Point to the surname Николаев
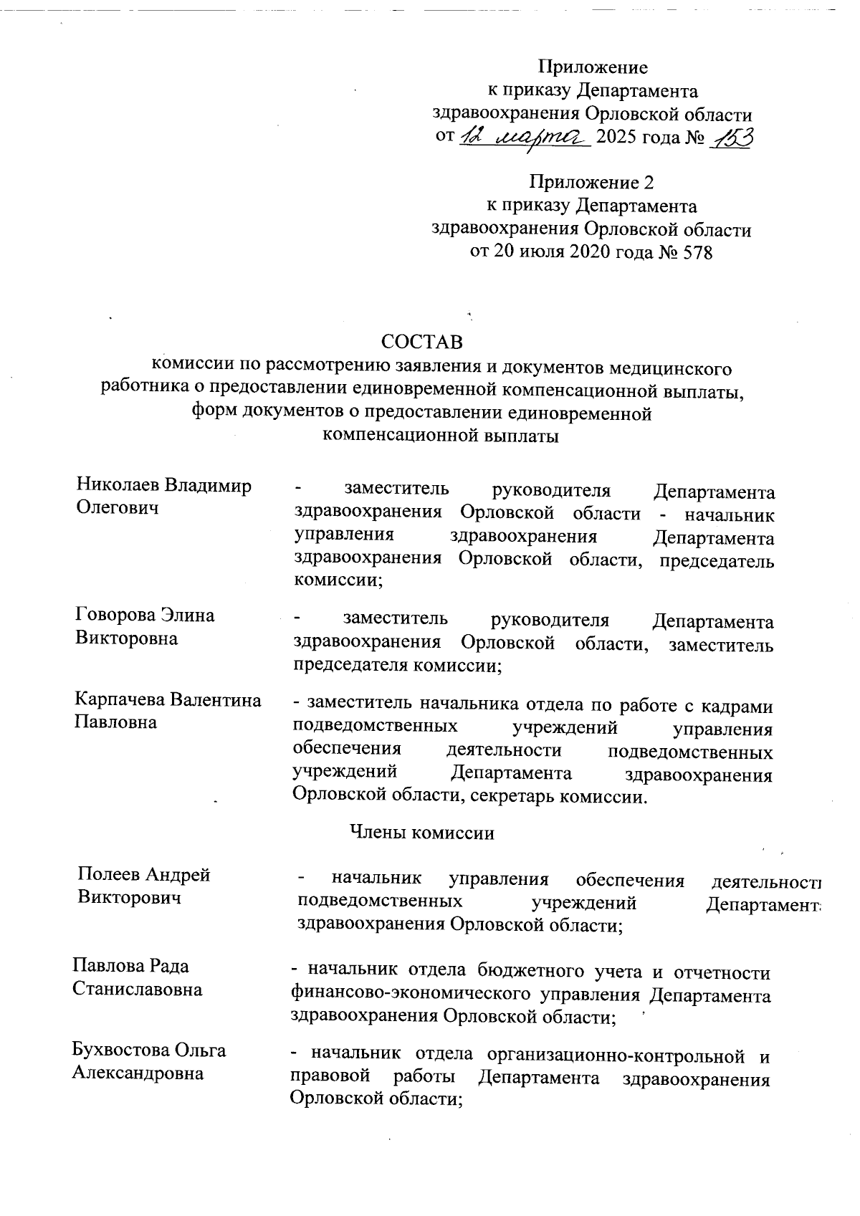click(x=118, y=486)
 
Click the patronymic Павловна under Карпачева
click(x=115, y=722)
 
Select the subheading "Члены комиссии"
click(x=422, y=833)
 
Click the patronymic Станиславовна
click(x=137, y=990)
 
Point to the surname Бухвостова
click(x=119, y=1050)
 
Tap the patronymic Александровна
click(x=138, y=1073)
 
